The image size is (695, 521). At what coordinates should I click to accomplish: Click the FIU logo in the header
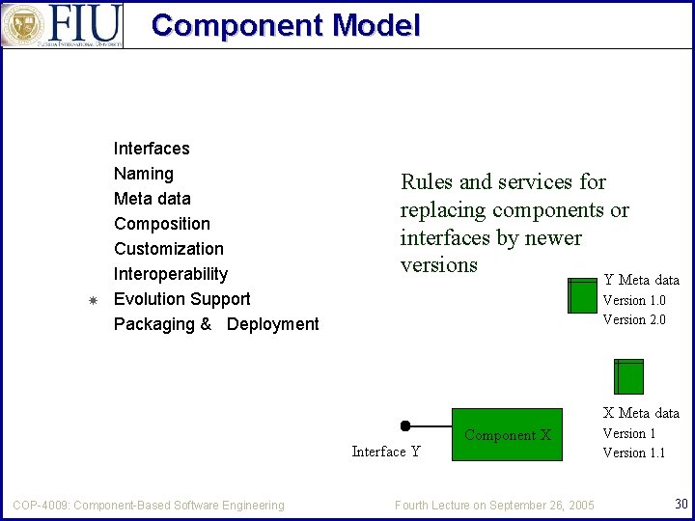[63, 25]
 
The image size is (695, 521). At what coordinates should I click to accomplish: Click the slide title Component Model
[286, 25]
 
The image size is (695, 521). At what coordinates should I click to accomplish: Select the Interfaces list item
[152, 149]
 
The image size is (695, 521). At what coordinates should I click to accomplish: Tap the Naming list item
[144, 174]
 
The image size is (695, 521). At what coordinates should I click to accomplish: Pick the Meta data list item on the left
[153, 199]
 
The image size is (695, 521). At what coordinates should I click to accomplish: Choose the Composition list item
[162, 224]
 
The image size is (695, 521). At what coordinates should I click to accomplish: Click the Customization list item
[169, 249]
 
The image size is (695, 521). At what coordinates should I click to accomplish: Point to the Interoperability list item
[171, 274]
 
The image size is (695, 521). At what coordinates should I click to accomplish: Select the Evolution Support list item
[181, 299]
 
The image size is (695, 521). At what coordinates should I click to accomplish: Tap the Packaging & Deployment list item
[216, 324]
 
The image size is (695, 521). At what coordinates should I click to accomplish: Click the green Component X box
[507, 435]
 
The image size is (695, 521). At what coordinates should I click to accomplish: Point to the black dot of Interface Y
[405, 425]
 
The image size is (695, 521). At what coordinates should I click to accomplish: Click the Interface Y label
[386, 452]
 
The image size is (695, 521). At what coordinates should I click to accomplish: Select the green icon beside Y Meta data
[583, 295]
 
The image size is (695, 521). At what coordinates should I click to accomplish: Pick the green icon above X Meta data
[628, 375]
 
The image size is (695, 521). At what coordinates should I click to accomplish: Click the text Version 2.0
[634, 319]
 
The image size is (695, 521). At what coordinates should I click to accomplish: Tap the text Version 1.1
[634, 452]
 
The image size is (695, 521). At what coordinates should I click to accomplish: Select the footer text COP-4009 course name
[149, 505]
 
